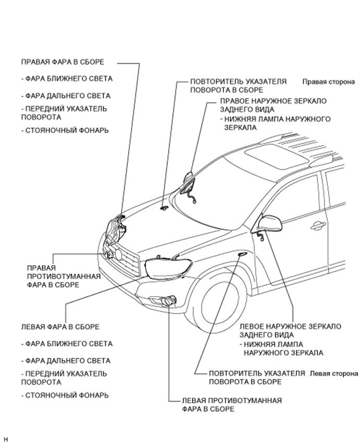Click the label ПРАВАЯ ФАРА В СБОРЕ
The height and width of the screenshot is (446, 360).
click(x=63, y=62)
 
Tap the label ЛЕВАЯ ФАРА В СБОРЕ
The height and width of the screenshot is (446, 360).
click(x=60, y=327)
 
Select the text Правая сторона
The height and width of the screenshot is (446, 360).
click(x=329, y=82)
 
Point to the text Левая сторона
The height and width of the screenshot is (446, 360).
click(x=334, y=373)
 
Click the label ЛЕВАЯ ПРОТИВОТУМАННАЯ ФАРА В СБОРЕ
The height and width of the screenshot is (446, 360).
click(x=232, y=405)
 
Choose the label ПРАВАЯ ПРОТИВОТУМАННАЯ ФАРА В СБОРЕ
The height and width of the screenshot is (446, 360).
click(x=64, y=276)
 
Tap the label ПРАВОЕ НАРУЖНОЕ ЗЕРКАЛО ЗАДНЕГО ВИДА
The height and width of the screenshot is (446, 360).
click(x=273, y=105)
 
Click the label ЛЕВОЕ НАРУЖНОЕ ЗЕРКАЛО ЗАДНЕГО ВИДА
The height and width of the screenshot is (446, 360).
click(x=290, y=331)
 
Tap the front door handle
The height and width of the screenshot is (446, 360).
click(x=318, y=226)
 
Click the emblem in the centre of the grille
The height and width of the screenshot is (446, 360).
click(x=119, y=254)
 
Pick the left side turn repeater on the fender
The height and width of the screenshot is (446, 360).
click(x=243, y=254)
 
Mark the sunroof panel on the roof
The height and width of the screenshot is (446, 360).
click(x=277, y=155)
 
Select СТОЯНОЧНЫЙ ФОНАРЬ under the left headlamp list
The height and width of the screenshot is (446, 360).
click(x=65, y=395)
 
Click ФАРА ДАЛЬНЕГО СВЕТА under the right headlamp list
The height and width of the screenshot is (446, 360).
click(x=66, y=96)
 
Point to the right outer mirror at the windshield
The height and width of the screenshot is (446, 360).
click(x=187, y=183)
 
